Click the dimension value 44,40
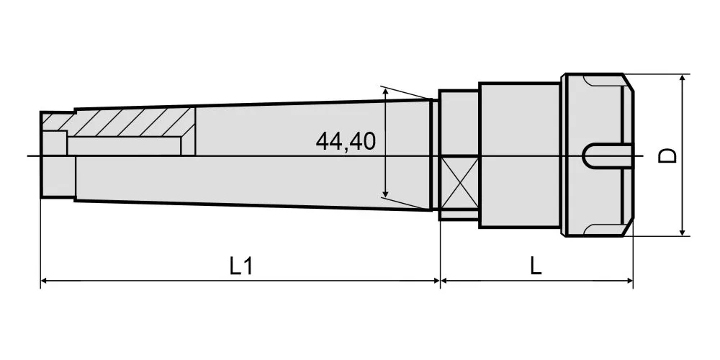[x=346, y=141]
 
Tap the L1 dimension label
[x=241, y=266]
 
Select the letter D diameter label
[x=667, y=156]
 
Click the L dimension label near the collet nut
[x=536, y=266]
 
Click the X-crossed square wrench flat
[x=459, y=183]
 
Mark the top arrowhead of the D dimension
[x=683, y=80]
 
